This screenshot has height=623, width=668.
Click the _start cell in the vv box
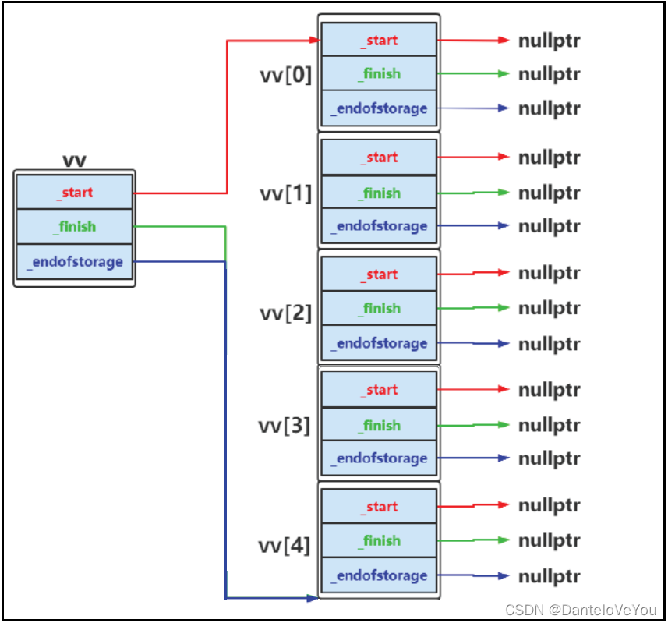click(75, 193)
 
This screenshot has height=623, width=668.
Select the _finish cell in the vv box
click(75, 227)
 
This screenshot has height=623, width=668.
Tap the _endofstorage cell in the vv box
click(75, 262)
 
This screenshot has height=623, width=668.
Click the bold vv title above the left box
click(74, 161)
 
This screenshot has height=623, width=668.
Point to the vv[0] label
click(285, 75)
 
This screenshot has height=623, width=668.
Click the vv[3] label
click(285, 426)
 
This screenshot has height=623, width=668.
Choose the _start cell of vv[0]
click(379, 40)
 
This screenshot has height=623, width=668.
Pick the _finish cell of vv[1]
click(379, 193)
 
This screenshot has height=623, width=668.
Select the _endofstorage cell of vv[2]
click(379, 343)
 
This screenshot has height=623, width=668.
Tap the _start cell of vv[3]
click(379, 389)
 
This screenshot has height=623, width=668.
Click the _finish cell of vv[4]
click(379, 540)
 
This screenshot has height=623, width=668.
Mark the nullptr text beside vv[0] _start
click(550, 41)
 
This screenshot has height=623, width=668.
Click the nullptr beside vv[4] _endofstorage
click(550, 576)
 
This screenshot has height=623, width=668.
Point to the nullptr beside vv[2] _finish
click(550, 308)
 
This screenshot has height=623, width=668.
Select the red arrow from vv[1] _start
click(473, 158)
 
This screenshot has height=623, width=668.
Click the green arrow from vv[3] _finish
click(473, 425)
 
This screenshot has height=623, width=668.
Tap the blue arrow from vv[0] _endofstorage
click(473, 108)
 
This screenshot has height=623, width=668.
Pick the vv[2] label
click(285, 313)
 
